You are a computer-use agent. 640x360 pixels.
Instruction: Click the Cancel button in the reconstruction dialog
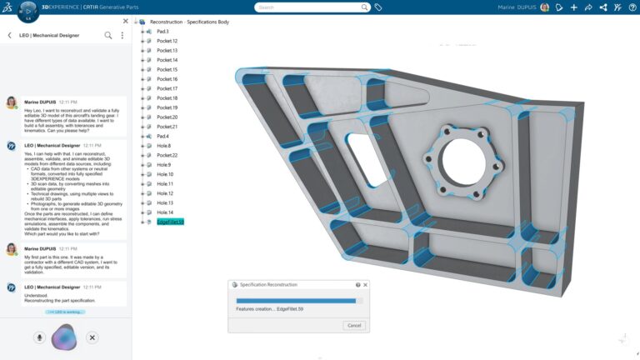(353, 325)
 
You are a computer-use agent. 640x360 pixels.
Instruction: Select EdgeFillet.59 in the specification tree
(170, 222)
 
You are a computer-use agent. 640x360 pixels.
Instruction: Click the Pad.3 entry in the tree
(162, 32)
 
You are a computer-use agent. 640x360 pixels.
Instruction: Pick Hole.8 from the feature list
(163, 146)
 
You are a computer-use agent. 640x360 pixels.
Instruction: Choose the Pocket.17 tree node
(167, 88)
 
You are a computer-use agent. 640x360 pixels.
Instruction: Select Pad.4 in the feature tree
(162, 136)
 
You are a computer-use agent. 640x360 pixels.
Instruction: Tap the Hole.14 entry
(165, 212)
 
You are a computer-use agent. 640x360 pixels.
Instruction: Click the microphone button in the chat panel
(39, 337)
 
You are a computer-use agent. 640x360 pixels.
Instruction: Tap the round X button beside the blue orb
(92, 337)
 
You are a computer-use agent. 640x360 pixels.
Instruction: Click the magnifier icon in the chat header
(107, 36)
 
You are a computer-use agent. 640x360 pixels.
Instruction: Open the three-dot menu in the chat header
(122, 36)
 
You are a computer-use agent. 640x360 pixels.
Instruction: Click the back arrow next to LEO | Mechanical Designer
(9, 36)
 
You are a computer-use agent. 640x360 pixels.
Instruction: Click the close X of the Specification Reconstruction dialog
(365, 285)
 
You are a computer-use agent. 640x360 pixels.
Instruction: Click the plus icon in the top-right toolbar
(574, 7)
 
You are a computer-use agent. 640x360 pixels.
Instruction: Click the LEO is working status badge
(65, 312)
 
